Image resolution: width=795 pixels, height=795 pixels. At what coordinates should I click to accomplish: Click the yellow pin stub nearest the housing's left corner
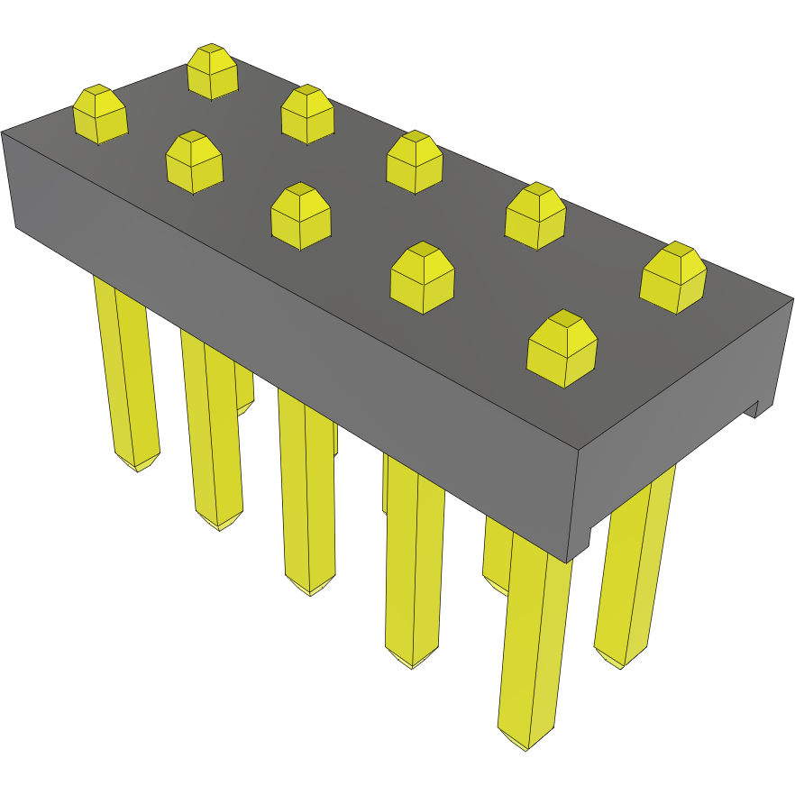(99, 114)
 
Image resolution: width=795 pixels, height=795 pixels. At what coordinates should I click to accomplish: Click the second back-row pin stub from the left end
(307, 114)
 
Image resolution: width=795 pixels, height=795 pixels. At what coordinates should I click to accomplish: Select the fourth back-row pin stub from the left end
(535, 215)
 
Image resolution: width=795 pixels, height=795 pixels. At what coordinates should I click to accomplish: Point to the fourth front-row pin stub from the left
(422, 278)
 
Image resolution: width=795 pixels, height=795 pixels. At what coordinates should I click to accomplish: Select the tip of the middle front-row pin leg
(309, 590)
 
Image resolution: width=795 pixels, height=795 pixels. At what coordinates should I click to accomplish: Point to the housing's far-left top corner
(3, 132)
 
